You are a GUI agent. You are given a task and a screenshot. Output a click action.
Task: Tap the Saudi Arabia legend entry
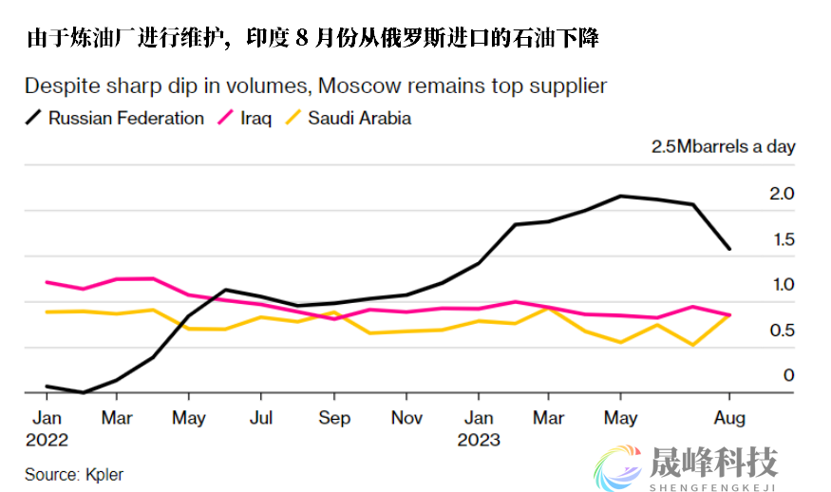tap(358, 119)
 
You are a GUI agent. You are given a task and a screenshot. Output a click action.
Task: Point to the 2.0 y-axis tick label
tap(781, 194)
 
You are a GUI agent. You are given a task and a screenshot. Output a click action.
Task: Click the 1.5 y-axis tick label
tap(781, 239)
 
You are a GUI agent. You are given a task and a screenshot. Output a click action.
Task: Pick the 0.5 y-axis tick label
tap(781, 331)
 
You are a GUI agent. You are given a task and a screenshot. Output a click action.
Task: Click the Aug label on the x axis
tap(729, 418)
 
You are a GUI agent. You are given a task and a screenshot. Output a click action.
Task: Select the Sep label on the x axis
tap(334, 418)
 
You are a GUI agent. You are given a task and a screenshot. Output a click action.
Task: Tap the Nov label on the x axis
tap(406, 418)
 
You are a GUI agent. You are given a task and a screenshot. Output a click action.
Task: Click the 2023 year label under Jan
tap(479, 440)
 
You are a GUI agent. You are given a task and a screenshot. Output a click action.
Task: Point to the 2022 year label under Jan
tap(47, 440)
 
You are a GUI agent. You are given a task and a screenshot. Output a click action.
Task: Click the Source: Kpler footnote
tap(74, 473)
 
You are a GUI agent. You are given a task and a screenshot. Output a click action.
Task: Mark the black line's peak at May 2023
tap(620, 196)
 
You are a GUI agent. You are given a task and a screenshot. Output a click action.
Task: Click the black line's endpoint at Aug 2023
tap(729, 249)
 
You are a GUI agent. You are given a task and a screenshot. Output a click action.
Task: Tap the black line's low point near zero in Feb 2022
tap(83, 392)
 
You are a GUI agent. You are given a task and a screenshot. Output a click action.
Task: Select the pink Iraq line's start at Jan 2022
tap(47, 282)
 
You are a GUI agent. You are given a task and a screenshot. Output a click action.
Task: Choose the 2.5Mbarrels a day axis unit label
tap(723, 147)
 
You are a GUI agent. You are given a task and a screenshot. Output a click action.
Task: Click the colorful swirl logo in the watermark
tap(617, 464)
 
